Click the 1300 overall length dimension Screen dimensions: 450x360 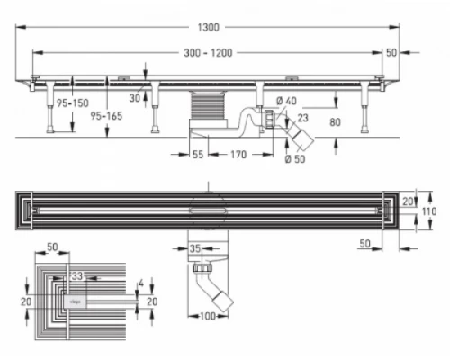pos(209,28)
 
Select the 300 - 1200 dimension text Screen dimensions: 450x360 pos(208,53)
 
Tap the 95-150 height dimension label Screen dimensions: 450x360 pos(73,103)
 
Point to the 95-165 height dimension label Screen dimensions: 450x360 pos(106,116)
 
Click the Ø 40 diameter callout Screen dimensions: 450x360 pos(286,101)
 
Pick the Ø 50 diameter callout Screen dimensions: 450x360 pos(295,159)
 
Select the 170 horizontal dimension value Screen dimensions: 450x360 pos(238,155)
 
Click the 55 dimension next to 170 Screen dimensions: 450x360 pos(198,155)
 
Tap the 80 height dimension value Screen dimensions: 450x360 pos(335,122)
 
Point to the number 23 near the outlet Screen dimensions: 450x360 pos(302,118)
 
